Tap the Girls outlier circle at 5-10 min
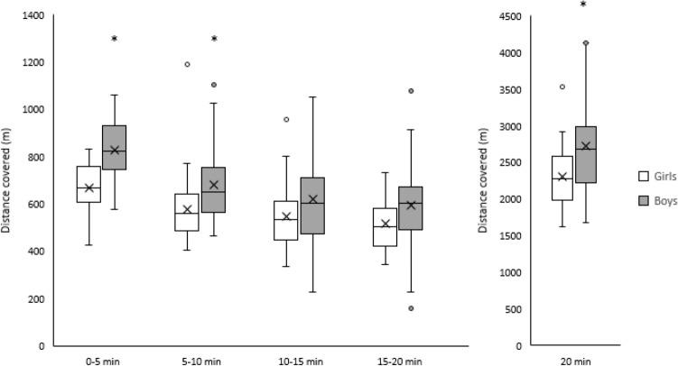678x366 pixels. [x=188, y=65]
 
